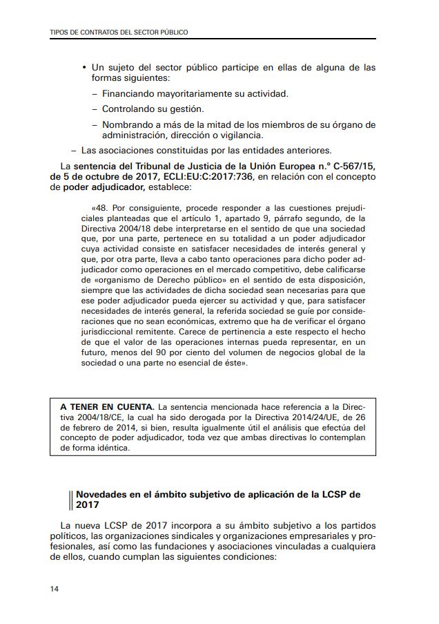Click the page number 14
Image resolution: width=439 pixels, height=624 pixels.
coord(54,589)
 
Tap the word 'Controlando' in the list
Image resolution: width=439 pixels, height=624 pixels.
coord(128,109)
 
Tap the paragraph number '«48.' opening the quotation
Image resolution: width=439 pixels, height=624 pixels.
coord(100,207)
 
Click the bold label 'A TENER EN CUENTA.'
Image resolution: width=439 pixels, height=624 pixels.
coord(104,407)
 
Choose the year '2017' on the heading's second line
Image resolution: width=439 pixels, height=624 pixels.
coord(88,505)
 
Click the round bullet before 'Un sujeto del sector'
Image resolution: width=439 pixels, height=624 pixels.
coord(84,68)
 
